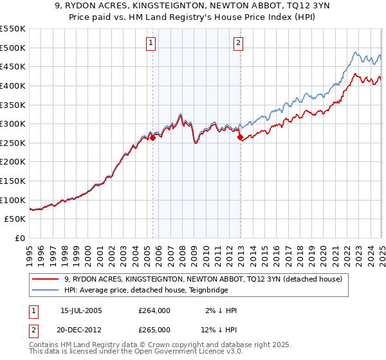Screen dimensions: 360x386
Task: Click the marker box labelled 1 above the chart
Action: (151, 43)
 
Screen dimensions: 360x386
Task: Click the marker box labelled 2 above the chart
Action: (238, 43)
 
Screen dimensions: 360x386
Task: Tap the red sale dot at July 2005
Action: (153, 138)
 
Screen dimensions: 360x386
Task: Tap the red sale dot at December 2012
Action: (240, 137)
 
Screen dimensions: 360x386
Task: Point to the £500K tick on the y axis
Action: (13, 48)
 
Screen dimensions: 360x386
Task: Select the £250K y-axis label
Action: (13, 143)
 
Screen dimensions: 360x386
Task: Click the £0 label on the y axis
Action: (20, 238)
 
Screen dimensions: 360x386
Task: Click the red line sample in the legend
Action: (48, 279)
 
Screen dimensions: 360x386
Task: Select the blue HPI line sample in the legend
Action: (48, 290)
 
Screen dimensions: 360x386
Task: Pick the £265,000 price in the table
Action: (154, 329)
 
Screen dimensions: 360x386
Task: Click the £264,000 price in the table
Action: (154, 310)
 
